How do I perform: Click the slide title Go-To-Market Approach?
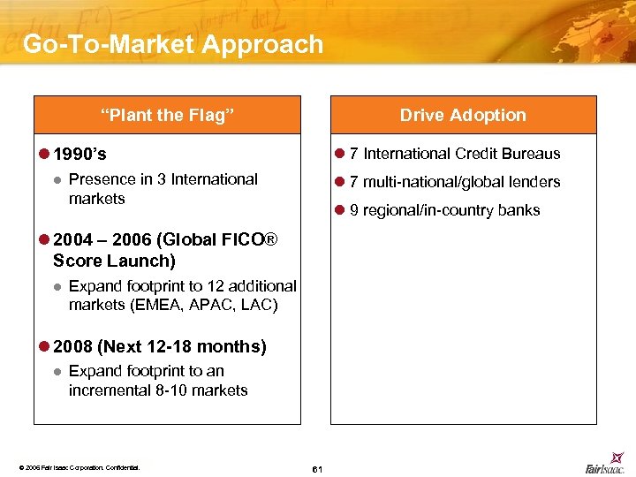point(173,44)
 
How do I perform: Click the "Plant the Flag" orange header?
point(167,115)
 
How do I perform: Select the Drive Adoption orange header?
point(462,115)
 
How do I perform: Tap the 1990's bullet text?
point(79,155)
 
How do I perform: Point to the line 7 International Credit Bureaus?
point(455,154)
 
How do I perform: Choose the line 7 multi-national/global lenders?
point(455,182)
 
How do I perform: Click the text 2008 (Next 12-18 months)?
point(159,347)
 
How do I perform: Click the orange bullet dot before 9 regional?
point(339,210)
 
